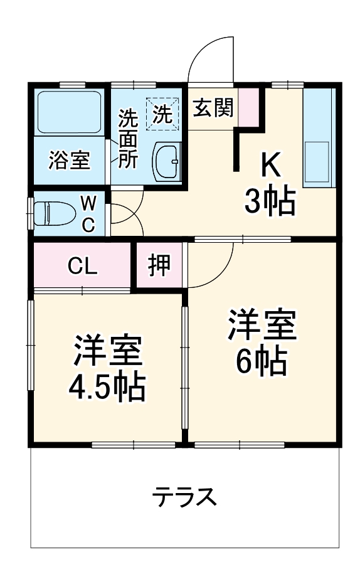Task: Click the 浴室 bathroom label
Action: coord(70,159)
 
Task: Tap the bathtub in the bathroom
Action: coord(70,113)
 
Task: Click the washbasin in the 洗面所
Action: coord(167,161)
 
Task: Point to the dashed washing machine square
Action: coord(162,114)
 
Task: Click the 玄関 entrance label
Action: coord(213,109)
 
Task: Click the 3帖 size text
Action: coord(270,201)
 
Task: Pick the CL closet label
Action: coord(82,267)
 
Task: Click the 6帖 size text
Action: coord(261,360)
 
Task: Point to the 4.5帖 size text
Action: coord(107,388)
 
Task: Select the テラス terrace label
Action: coord(186,498)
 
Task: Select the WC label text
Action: coord(88,213)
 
